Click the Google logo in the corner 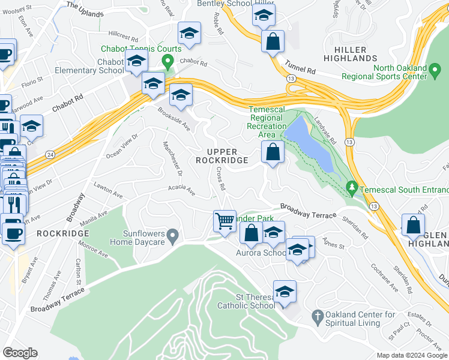tap(20, 352)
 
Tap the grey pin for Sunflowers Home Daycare tap(173, 238)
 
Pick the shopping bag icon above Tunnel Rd tap(273, 42)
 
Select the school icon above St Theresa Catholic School tap(285, 292)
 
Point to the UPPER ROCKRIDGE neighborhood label tap(221, 156)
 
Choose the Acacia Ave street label tap(182, 191)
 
